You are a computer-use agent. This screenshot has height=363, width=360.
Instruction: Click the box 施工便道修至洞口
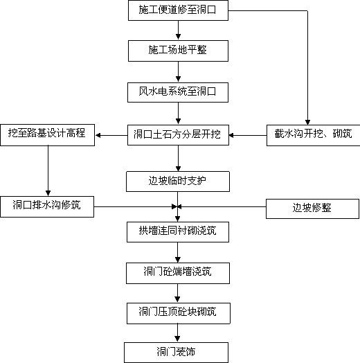point(178,10)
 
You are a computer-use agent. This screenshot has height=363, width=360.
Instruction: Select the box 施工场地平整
point(178,51)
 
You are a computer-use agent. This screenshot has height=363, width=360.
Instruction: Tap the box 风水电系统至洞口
point(178,92)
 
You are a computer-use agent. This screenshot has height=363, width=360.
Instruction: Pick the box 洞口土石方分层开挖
point(178,135)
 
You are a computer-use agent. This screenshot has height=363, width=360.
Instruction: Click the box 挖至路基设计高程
point(48,135)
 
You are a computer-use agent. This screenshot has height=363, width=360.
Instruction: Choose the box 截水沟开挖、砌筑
point(313,135)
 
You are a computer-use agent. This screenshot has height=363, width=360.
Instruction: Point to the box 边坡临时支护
point(178,181)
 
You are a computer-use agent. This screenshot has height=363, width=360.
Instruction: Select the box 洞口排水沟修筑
point(47,206)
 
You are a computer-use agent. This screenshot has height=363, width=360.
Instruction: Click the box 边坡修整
point(312,209)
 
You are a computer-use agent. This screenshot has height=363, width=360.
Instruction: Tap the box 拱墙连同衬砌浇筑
point(178,232)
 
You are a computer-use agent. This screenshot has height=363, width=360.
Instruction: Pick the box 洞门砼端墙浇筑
point(178,273)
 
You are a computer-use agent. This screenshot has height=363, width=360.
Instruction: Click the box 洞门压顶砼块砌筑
point(179,313)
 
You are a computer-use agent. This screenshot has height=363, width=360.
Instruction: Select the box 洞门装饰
point(177,353)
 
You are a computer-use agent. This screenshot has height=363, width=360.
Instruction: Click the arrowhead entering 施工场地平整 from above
point(178,37)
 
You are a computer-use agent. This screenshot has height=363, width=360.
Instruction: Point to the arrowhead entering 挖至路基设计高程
point(98,135)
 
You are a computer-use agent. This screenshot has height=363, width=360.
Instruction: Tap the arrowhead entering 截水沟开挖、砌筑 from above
point(307,122)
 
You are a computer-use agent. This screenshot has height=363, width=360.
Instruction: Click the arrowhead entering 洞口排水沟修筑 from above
point(48,193)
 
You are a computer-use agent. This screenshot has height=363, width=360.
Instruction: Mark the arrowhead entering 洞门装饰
point(177,339)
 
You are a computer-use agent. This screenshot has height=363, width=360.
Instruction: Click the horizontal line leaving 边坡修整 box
point(222,206)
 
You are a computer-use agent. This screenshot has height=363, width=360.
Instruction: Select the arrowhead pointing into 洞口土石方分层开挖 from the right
point(232,135)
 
